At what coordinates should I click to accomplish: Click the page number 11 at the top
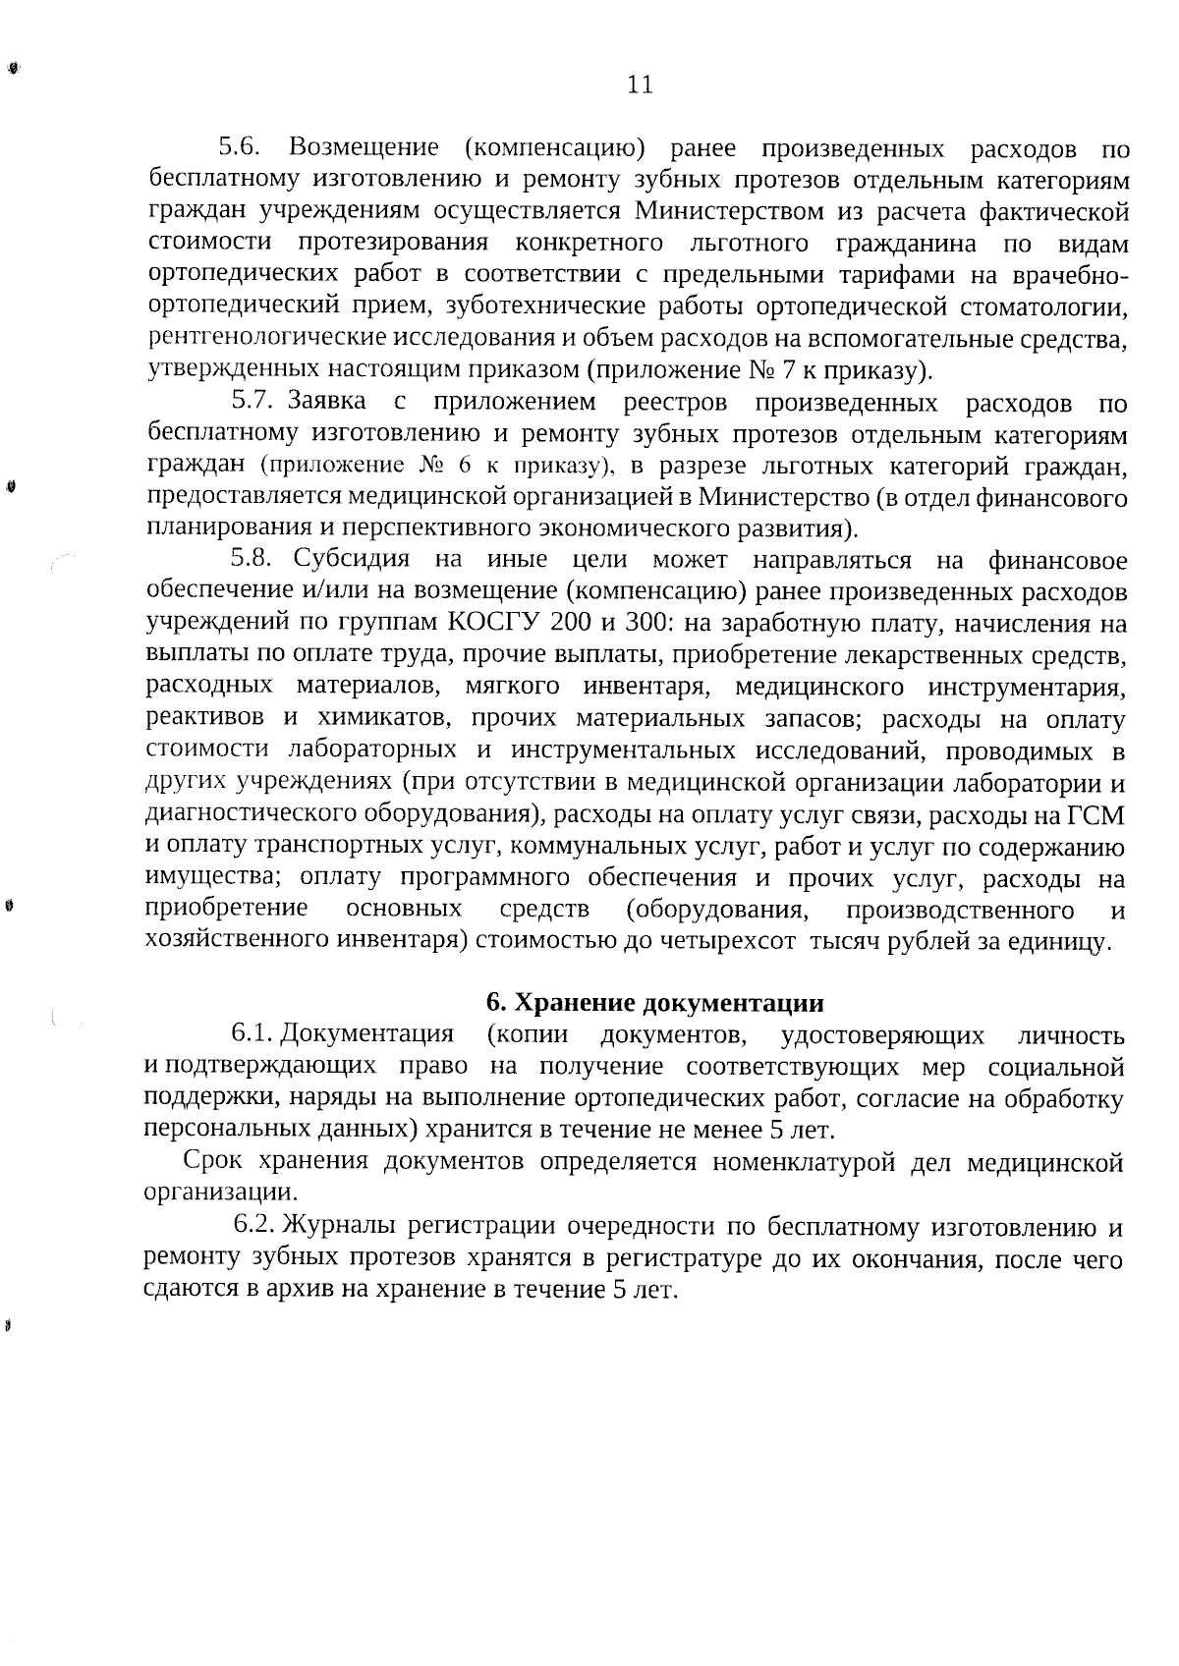(639, 85)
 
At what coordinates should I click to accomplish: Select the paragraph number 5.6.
(238, 148)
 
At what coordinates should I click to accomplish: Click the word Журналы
(340, 1226)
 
